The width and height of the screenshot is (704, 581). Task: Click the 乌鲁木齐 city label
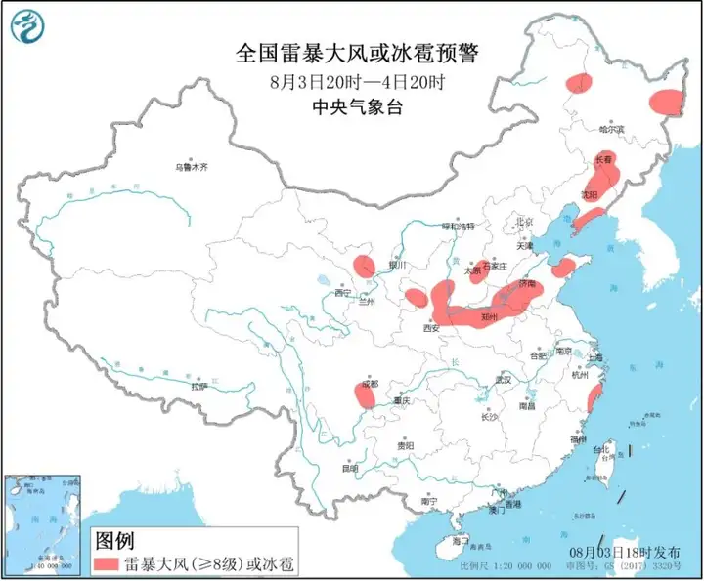coord(191,167)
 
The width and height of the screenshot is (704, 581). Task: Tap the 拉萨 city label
coord(199,387)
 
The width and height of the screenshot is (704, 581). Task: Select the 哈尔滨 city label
coord(611,128)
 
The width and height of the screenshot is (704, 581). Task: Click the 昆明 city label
coord(350,468)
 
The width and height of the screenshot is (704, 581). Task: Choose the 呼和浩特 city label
coord(458,227)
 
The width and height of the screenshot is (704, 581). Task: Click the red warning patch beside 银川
coord(364,265)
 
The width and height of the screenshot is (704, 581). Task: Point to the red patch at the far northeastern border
coord(668,101)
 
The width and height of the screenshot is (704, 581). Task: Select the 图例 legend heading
coord(114,540)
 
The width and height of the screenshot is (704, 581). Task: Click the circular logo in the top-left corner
coord(31,29)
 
